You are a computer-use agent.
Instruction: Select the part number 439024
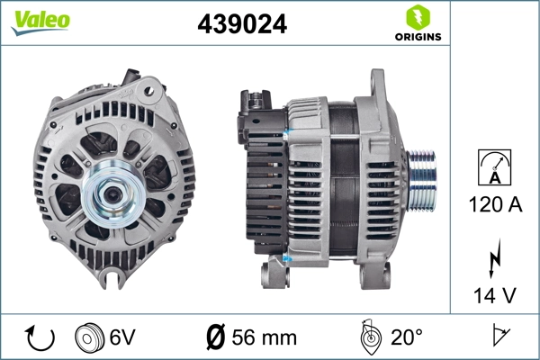tap(242, 25)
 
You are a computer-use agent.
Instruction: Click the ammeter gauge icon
tap(495, 168)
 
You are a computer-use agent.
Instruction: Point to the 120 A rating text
tap(495, 204)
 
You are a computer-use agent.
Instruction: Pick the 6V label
tap(123, 338)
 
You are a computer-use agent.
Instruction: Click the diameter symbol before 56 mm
tap(215, 338)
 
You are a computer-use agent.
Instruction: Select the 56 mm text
tap(265, 338)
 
